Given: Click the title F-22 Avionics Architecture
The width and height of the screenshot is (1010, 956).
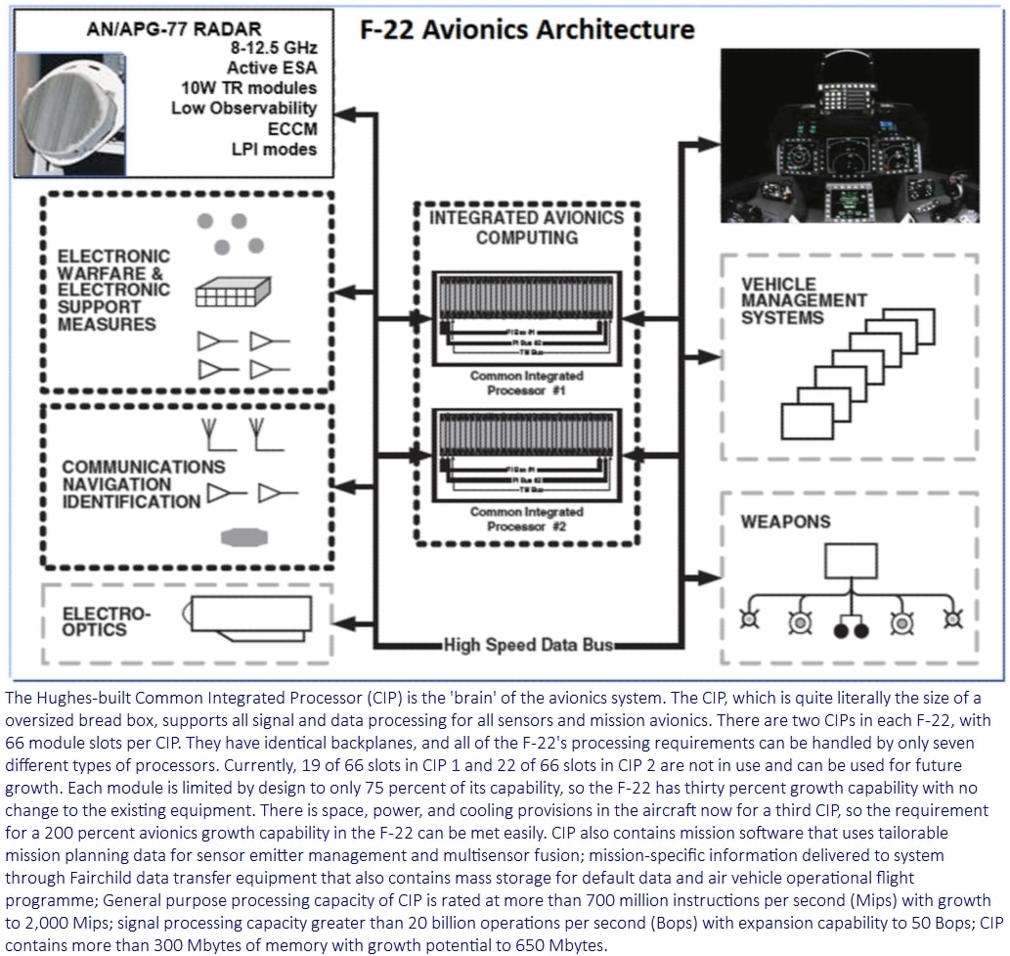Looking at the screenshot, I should (528, 28).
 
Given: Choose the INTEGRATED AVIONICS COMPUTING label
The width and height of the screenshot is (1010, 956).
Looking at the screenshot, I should (525, 226).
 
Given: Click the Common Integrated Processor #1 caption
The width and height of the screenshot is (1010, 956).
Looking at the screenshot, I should (526, 383).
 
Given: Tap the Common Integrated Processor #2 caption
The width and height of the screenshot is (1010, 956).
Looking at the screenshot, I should (526, 519).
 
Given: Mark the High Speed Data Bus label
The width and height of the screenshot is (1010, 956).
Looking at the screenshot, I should (529, 645).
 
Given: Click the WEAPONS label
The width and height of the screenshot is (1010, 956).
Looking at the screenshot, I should (785, 522).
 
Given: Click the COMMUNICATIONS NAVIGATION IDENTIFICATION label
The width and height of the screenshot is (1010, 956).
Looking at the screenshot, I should (130, 484).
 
